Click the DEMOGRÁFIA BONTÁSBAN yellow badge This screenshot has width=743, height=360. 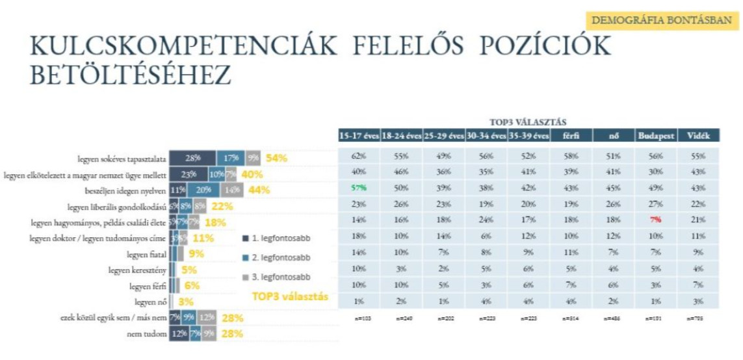click(x=660, y=20)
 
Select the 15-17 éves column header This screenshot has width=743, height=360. click(x=359, y=136)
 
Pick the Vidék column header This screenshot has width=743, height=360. click(x=699, y=136)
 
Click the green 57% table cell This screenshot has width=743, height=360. click(x=359, y=188)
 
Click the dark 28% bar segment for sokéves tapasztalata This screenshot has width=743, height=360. click(x=192, y=158)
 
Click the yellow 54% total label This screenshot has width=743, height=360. click(x=275, y=158)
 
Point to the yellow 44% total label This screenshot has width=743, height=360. click(x=258, y=190)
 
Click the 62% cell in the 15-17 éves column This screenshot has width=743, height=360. click(x=359, y=157)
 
